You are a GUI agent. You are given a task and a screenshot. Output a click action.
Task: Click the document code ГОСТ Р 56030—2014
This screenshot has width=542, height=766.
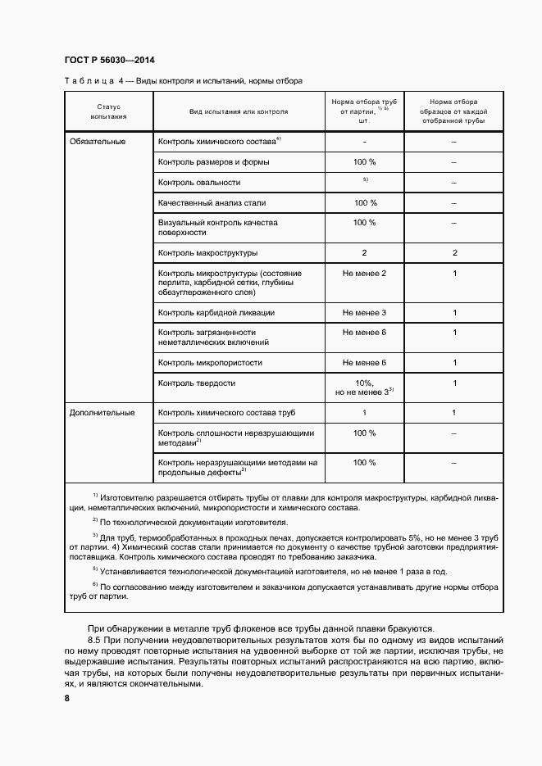[109, 61]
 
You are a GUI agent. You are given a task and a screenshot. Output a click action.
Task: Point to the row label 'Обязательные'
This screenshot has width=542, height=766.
[98, 142]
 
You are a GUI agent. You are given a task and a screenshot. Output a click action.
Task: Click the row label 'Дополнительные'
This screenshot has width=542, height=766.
[102, 412]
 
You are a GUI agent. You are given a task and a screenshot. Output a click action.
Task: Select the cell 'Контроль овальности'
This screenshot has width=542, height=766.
[199, 182]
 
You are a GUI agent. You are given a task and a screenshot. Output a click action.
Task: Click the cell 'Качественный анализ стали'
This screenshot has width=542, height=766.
[212, 202]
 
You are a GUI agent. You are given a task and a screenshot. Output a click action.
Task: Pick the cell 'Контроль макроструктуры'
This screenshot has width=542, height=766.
[207, 252]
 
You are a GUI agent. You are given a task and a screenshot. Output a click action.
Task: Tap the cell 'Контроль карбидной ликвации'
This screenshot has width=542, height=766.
[216, 312]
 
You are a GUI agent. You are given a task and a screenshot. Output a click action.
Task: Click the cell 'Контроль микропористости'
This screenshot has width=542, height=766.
[210, 362]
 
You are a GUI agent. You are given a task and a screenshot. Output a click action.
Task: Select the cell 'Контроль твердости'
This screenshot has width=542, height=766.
[197, 383]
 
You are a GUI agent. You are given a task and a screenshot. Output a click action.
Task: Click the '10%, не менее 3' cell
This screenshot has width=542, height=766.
[365, 388]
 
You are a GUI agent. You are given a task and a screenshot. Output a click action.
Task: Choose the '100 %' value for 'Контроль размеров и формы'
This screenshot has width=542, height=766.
[365, 162]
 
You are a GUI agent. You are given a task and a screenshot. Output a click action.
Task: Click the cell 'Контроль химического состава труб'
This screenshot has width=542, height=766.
[226, 412]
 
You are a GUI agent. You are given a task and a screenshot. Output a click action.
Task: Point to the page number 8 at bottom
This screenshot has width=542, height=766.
[66, 698]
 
